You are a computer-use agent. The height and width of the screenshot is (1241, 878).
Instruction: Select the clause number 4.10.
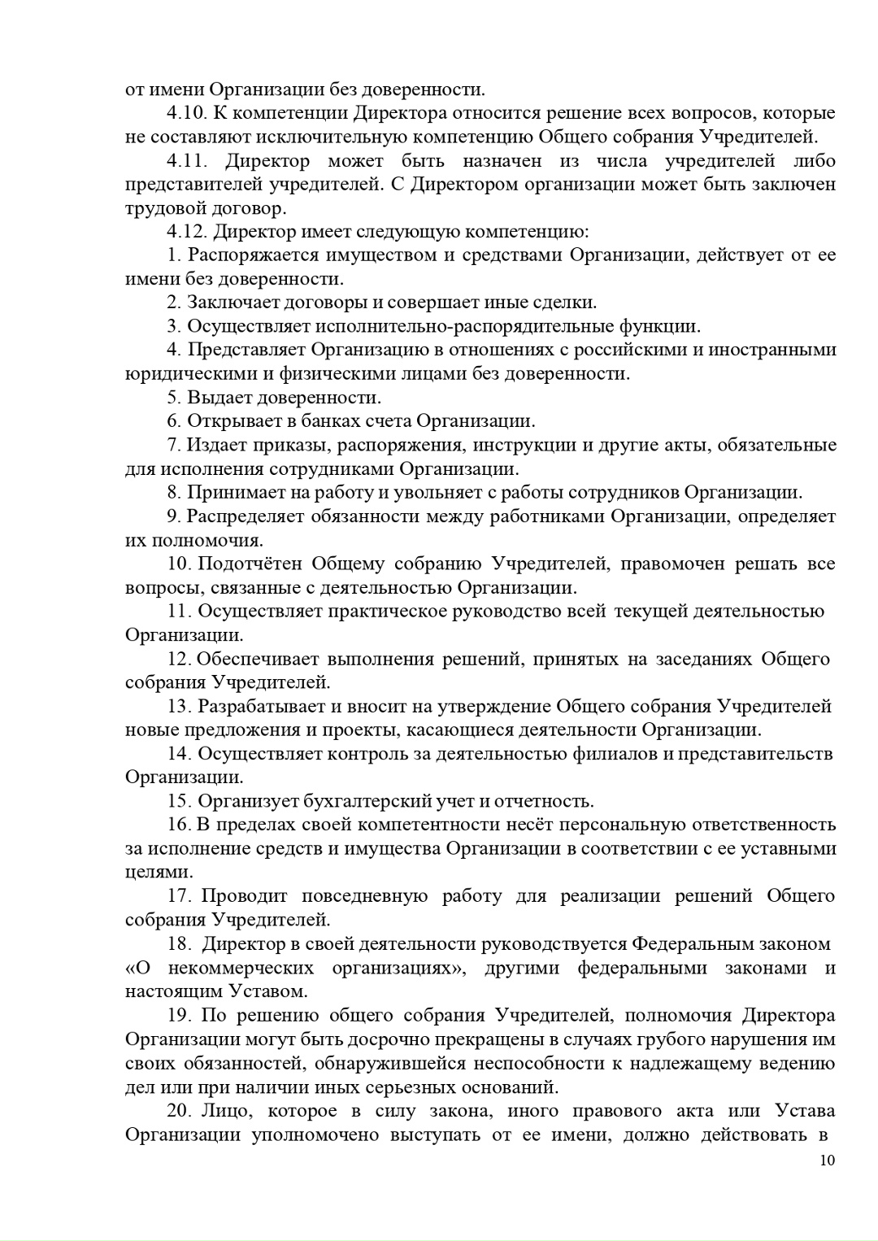click(x=187, y=113)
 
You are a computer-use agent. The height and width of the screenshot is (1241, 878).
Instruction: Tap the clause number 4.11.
click(x=187, y=160)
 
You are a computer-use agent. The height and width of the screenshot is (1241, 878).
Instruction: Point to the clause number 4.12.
click(x=187, y=232)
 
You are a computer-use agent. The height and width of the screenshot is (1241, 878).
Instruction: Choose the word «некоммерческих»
click(x=241, y=968)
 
